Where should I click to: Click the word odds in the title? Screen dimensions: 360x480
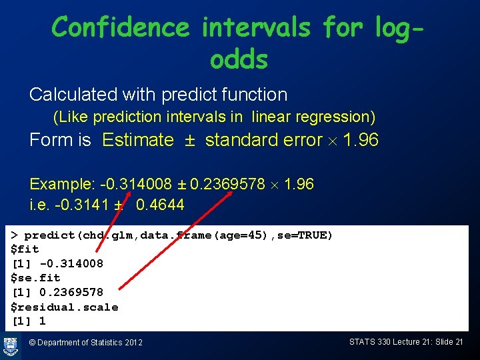pos(239,60)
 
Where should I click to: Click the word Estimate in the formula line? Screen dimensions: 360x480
pos(138,140)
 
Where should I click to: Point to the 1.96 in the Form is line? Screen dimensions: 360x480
pos(360,140)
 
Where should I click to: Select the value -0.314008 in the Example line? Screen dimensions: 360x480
pos(133,184)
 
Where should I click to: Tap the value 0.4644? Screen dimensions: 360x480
pos(160,204)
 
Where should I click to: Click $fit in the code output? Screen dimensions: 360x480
pos(25,249)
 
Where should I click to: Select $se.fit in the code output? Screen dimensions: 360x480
pos(35,278)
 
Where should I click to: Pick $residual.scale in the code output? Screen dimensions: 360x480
pos(64,307)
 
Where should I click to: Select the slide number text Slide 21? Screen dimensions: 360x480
pos(449,342)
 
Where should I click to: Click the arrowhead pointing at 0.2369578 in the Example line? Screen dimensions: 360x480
pos(231,191)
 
